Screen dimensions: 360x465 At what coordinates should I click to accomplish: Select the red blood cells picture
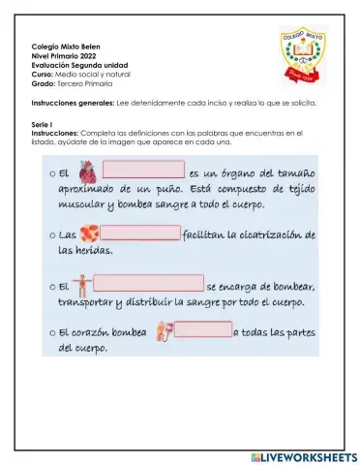click(89, 233)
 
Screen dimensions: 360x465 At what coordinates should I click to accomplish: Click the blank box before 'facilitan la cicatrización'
click(139, 233)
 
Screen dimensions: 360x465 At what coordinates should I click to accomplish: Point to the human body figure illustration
click(85, 286)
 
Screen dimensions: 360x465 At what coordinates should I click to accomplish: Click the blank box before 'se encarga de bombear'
click(149, 286)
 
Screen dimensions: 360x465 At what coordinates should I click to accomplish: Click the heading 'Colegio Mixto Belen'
click(65, 46)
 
